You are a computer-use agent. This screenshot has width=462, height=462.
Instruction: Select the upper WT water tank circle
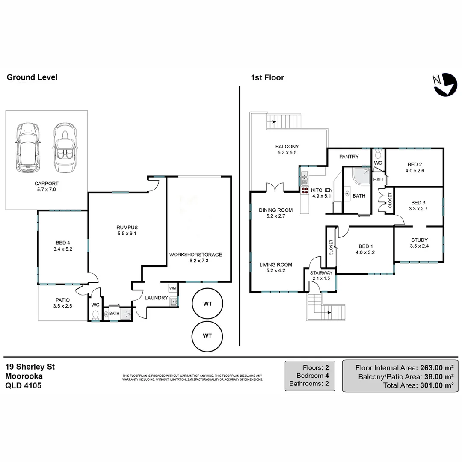(207, 304)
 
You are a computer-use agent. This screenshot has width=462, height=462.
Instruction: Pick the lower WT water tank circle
(207, 336)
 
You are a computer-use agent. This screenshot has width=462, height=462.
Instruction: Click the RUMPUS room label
(127, 228)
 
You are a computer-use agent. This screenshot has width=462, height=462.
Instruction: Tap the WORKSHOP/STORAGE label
(195, 255)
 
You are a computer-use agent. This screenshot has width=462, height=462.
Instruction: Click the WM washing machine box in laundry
(172, 288)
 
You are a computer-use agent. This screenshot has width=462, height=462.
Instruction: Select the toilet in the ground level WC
(96, 315)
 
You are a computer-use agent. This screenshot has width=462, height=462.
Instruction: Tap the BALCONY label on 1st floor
(287, 147)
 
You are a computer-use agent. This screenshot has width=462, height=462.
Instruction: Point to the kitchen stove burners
(305, 190)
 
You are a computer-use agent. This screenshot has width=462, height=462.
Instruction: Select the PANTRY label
(349, 157)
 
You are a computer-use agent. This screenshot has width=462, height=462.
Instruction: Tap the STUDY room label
(419, 240)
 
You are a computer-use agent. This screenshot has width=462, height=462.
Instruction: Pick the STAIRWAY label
(320, 272)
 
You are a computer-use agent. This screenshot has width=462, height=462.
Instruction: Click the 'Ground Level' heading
(32, 77)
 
